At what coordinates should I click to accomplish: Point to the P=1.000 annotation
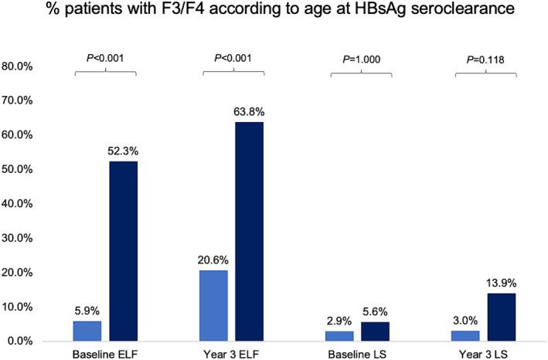(361, 57)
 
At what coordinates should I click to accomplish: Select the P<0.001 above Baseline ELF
(105, 57)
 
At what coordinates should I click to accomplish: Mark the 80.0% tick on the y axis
(16, 67)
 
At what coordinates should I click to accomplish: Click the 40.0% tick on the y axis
(16, 204)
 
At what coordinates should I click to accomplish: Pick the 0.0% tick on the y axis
(19, 341)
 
